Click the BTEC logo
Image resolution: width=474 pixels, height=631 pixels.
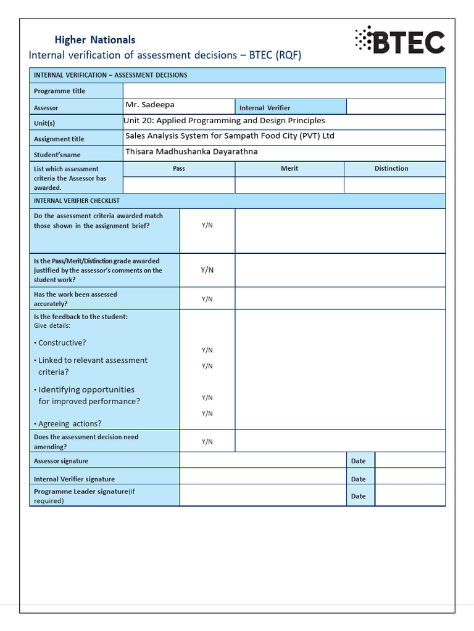400,42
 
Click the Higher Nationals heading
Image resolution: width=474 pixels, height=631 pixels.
94,40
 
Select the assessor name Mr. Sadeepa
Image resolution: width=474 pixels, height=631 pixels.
149,105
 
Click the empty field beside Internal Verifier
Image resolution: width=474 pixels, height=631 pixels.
395,107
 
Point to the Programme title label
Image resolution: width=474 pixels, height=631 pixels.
60,91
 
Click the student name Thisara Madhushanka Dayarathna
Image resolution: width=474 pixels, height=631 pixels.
191,152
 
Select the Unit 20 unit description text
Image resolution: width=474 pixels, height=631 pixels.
225,121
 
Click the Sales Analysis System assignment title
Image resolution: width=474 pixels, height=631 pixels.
230,136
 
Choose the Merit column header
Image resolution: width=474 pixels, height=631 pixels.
289,168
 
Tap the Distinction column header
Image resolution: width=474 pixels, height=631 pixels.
391,168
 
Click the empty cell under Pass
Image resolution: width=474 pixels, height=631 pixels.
179,185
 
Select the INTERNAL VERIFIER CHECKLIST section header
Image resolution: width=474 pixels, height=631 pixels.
77,201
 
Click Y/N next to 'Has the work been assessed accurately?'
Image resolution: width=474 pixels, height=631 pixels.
207,299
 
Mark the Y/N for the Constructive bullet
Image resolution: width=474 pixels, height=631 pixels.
207,350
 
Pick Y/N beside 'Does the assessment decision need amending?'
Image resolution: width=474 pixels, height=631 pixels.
207,441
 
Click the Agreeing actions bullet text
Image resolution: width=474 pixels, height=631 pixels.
70,424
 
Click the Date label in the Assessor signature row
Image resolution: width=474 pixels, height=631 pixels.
358,461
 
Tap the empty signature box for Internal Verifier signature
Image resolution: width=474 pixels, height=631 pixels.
262,476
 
